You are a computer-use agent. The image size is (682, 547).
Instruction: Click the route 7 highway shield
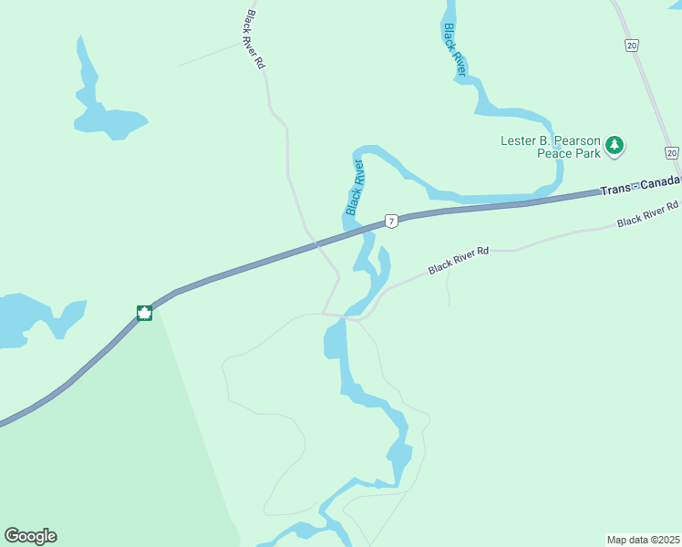pyautogui.click(x=390, y=221)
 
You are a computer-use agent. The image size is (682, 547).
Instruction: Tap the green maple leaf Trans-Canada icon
pyautogui.click(x=144, y=313)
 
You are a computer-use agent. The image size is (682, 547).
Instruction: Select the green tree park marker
pyautogui.click(x=615, y=144)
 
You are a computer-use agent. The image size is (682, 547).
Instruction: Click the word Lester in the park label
pyautogui.click(x=519, y=140)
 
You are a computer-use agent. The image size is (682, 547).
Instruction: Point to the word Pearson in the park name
pyautogui.click(x=573, y=140)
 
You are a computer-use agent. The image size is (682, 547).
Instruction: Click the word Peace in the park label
pyautogui.click(x=554, y=153)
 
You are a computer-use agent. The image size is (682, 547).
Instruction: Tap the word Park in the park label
pyautogui.click(x=588, y=153)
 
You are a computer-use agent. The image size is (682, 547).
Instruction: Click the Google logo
pyautogui.click(x=30, y=536)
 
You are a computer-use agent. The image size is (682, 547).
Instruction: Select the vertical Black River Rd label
pyautogui.click(x=254, y=40)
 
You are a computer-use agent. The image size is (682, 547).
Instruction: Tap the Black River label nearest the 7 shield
pyautogui.click(x=355, y=188)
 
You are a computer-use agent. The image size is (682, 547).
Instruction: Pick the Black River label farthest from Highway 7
pyautogui.click(x=454, y=49)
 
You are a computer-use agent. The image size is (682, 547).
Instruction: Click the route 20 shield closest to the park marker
pyautogui.click(x=671, y=152)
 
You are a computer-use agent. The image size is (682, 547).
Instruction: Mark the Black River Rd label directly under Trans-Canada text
pyautogui.click(x=647, y=215)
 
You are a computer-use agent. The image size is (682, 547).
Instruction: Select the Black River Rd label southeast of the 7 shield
pyautogui.click(x=459, y=259)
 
